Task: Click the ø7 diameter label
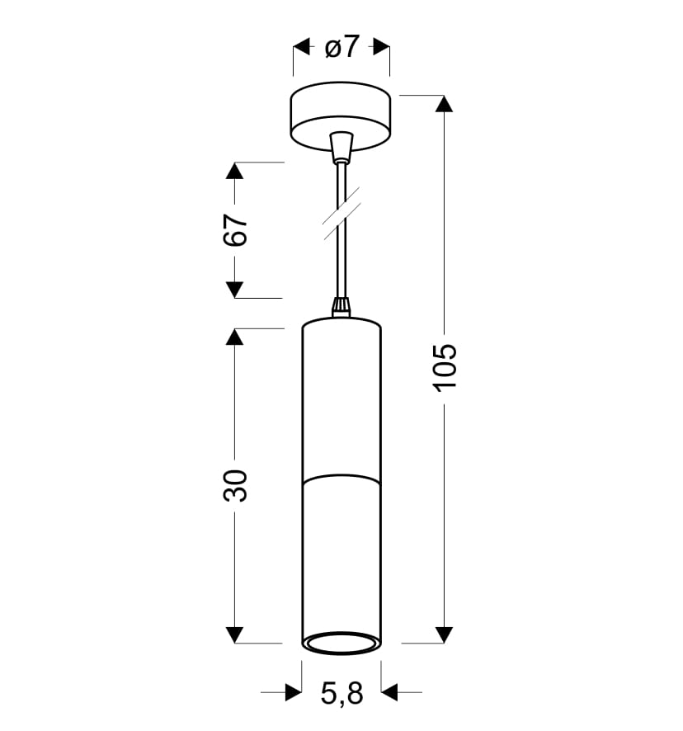(x=342, y=47)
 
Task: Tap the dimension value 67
(x=235, y=230)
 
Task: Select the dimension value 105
(x=445, y=368)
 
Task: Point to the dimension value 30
(x=235, y=486)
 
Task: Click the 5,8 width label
(x=341, y=693)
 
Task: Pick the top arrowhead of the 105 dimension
(x=444, y=103)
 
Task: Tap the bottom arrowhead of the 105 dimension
(x=444, y=635)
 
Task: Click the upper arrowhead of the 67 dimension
(x=234, y=171)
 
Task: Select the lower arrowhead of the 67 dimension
(x=234, y=290)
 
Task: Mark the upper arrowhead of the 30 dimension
(x=234, y=337)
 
